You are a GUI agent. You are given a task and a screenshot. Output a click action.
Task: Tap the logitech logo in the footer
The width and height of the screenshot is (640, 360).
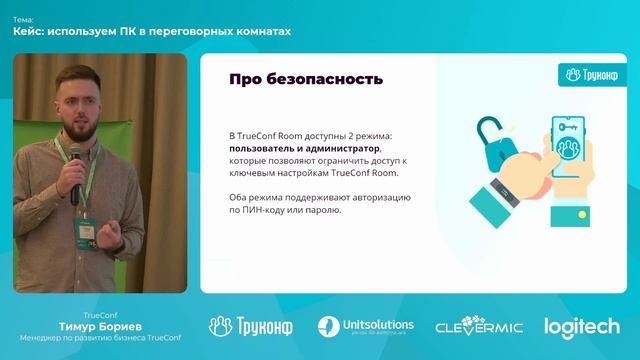[581, 327]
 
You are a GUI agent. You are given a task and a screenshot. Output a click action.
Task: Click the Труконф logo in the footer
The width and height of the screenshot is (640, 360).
[249, 327]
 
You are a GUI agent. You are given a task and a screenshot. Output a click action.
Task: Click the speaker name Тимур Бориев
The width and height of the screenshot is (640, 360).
[100, 324]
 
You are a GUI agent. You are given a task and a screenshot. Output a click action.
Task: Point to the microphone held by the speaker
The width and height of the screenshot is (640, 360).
[75, 165]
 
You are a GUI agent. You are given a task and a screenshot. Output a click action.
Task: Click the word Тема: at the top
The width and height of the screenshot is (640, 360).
[23, 19]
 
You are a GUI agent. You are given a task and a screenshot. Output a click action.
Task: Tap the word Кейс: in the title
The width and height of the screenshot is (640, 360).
[29, 32]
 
